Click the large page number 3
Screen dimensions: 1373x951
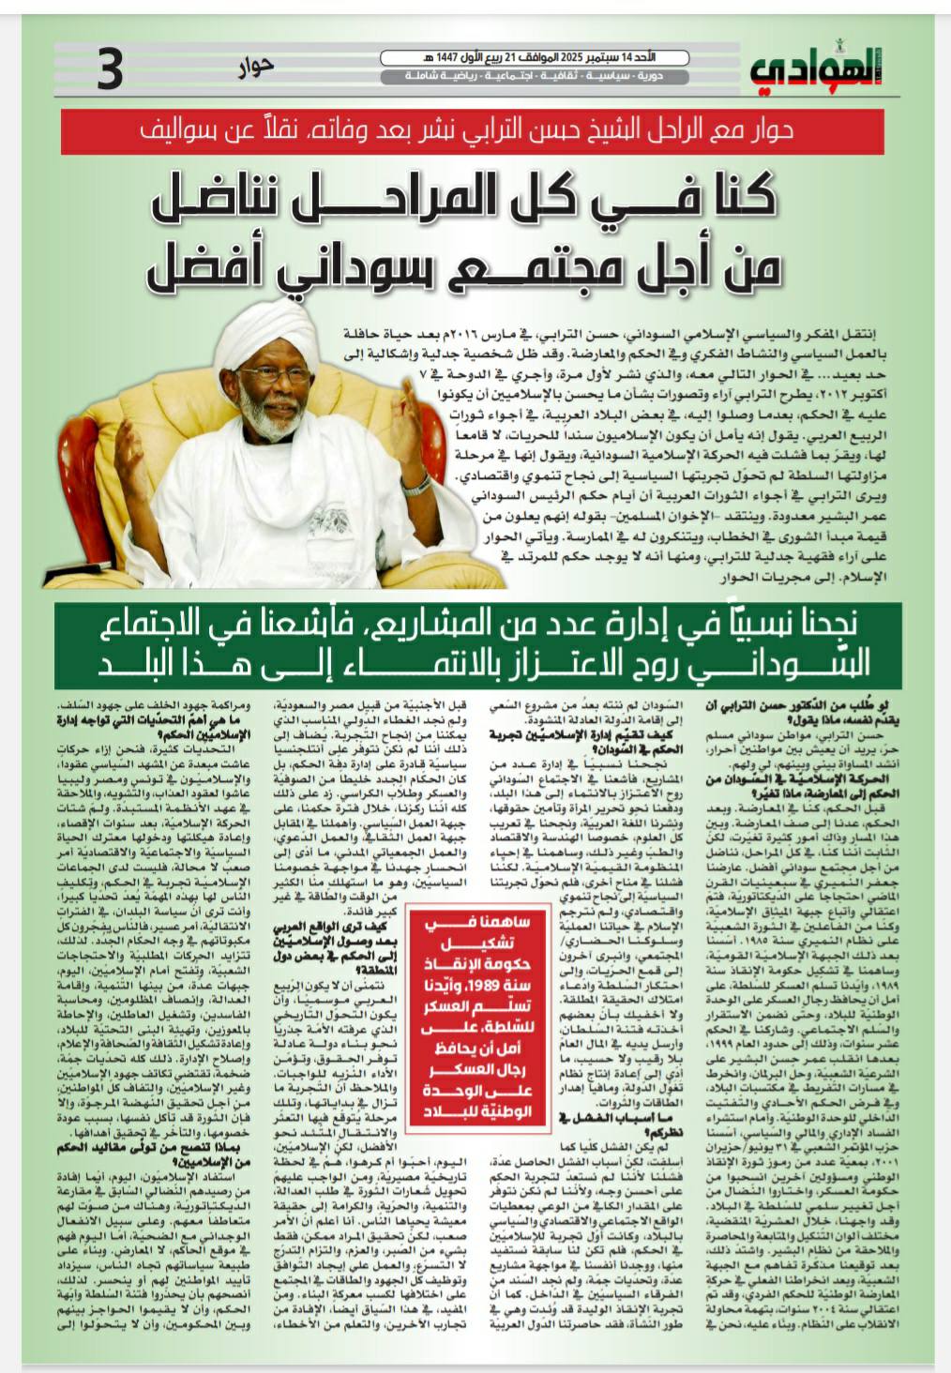pyautogui.click(x=111, y=71)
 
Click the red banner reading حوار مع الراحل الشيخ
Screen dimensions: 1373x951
pyautogui.click(x=475, y=129)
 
